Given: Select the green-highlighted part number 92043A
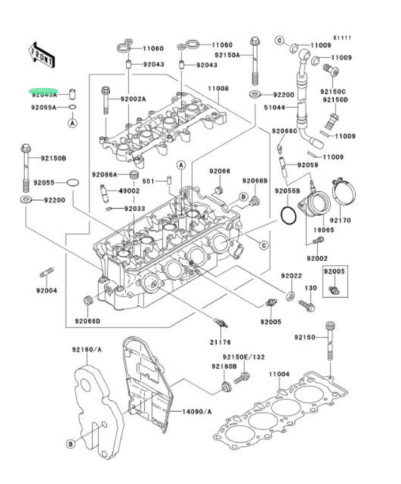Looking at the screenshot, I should point(45,94).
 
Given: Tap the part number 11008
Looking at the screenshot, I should point(219,88).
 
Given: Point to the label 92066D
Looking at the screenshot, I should point(88,321).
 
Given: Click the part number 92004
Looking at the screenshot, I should point(47,290).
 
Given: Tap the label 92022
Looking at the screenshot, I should point(291,275).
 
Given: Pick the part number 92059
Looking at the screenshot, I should point(308,165).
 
